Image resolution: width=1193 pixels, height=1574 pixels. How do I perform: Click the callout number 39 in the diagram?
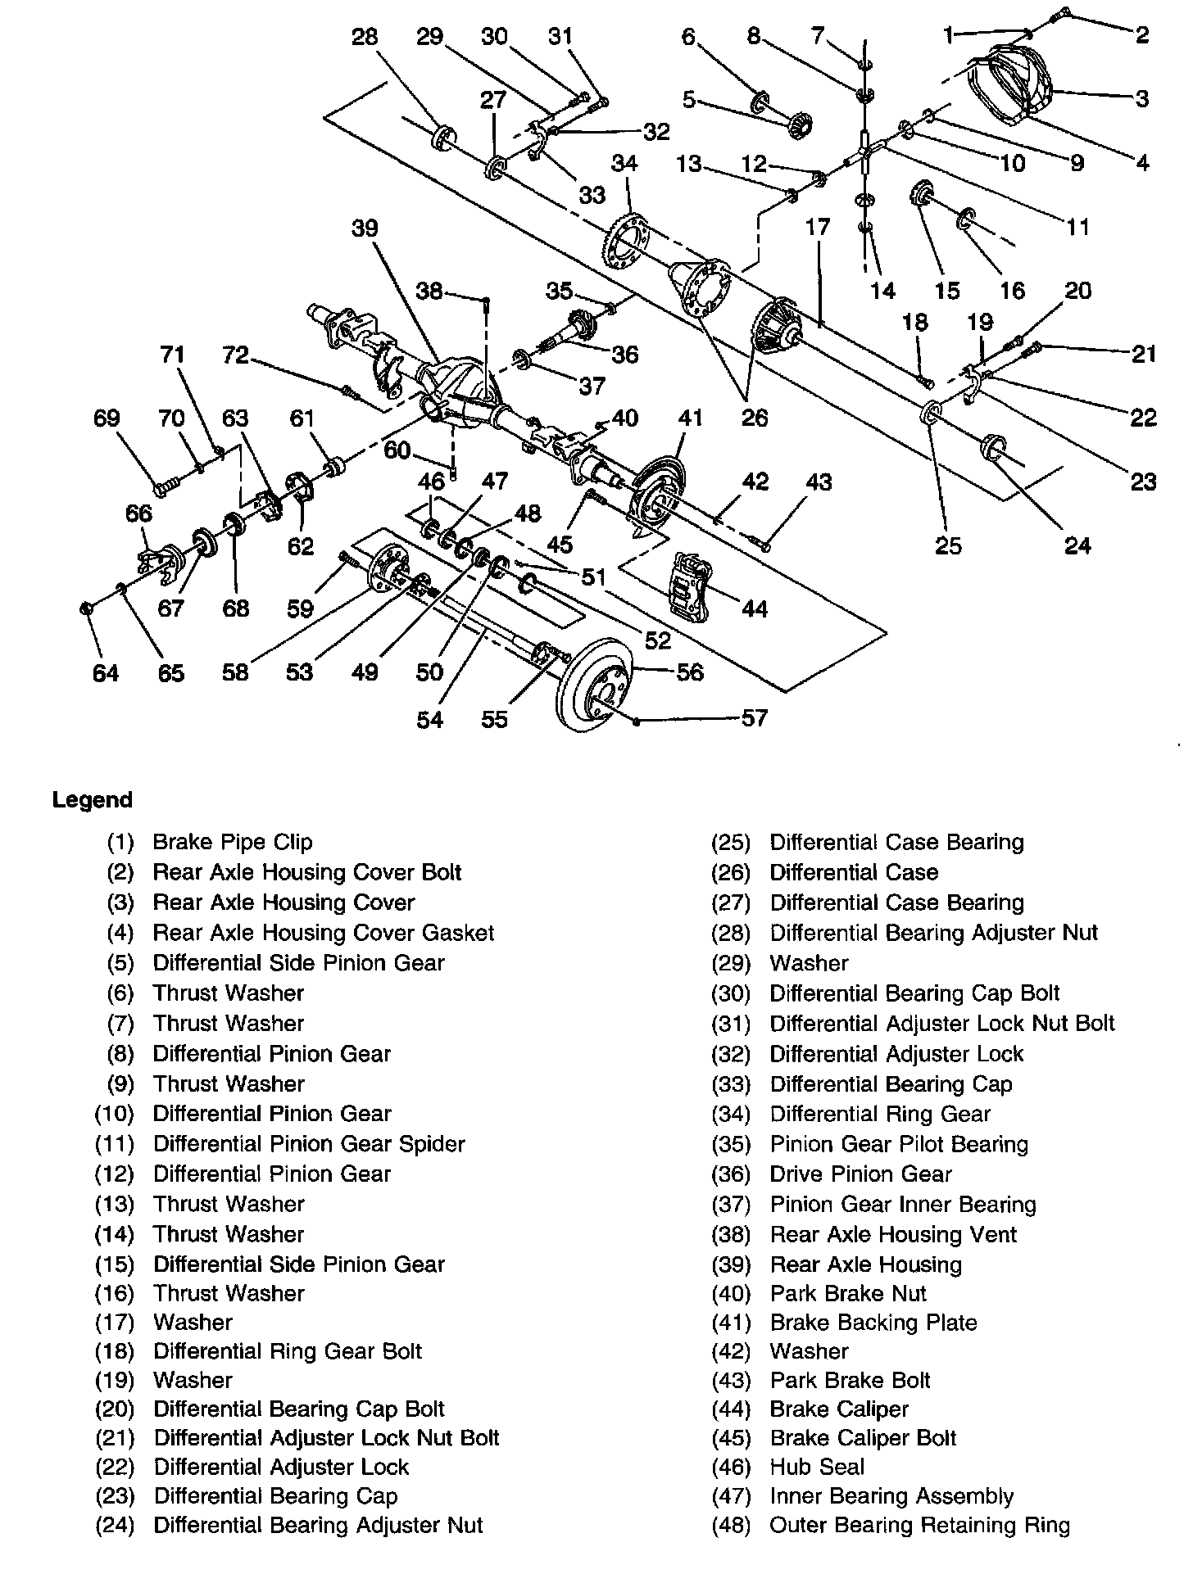tap(365, 227)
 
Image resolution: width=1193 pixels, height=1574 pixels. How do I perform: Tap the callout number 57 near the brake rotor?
tap(754, 718)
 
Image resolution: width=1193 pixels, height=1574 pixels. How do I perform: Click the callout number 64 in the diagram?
tap(105, 673)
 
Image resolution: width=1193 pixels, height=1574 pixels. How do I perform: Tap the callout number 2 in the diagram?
tap(1141, 34)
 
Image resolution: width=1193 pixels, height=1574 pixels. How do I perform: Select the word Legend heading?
tap(92, 799)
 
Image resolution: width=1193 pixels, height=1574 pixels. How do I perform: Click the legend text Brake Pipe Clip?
tap(233, 842)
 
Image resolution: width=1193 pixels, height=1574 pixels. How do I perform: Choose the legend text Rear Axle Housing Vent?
tap(893, 1234)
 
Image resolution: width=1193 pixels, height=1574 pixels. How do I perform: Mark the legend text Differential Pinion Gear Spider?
tap(309, 1144)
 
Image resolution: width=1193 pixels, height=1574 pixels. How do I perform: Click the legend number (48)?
tap(731, 1526)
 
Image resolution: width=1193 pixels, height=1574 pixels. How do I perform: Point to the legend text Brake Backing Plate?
tap(873, 1323)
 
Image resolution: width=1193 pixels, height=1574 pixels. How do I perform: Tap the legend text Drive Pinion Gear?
tap(860, 1174)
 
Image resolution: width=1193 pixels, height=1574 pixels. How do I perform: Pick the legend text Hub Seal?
tap(817, 1467)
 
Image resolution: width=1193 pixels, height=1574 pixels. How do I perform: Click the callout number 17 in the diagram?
tap(817, 227)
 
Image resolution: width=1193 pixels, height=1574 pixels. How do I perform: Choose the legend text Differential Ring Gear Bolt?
tap(288, 1351)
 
